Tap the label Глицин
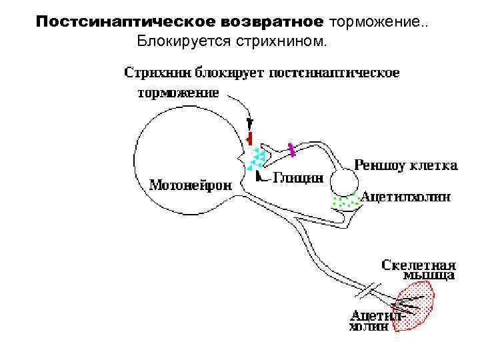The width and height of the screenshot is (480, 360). tap(299, 178)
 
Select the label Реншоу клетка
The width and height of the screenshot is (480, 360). tap(405, 165)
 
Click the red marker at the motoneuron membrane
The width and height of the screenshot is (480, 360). tap(249, 137)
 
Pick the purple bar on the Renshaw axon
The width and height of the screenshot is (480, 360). tap(291, 149)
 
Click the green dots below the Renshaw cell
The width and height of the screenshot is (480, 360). tap(345, 201)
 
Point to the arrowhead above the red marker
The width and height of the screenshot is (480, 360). tap(250, 123)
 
